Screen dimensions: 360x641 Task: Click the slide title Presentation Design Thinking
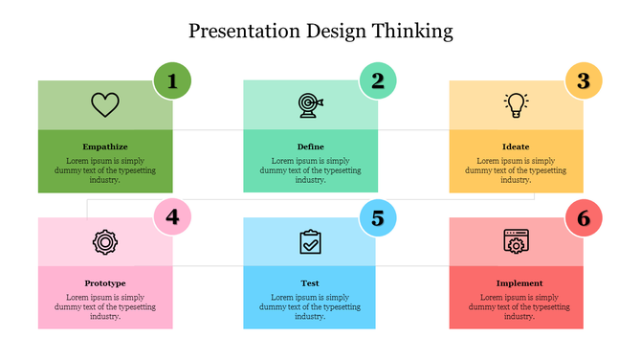pos(320,31)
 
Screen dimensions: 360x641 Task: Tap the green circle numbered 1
pos(172,81)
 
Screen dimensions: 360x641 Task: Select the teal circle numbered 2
pos(378,81)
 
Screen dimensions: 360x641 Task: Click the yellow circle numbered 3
pos(583,81)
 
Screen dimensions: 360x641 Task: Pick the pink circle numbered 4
pos(172,217)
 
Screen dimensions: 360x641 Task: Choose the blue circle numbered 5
pos(378,218)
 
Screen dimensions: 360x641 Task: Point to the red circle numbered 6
pos(583,218)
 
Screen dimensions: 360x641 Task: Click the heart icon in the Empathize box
pos(104,104)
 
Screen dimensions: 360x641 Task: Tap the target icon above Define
pos(310,103)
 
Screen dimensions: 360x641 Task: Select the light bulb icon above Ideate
pos(517,104)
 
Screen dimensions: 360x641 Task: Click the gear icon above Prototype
pos(104,241)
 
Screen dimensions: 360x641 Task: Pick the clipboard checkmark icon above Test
pos(310,241)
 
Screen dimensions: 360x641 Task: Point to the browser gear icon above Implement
pos(517,241)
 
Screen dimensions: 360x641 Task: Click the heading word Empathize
pos(105,146)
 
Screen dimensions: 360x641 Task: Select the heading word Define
pos(310,146)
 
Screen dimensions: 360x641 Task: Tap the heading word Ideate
pos(516,146)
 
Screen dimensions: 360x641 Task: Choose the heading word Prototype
pos(105,283)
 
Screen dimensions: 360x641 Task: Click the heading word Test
pos(310,283)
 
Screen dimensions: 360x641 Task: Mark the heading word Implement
pos(519,283)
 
